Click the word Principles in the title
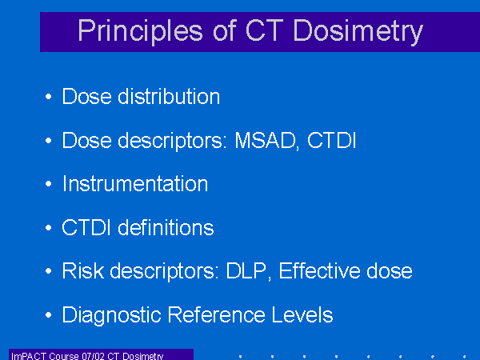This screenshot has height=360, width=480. pos(141,31)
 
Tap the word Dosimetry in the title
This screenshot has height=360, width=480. pos(358,31)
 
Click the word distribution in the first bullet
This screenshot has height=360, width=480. pos(169,97)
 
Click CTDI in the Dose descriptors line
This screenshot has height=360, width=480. pos(331,141)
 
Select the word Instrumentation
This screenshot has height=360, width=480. pos(135,184)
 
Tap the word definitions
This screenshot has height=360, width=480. pos(166,227)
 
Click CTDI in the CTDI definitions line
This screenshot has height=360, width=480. pos(86,227)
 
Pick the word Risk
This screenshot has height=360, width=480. pos(83,270)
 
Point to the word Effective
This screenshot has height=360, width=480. pos(318,270)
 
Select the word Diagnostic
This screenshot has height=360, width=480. pos(112,315)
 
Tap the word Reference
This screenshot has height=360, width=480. pos(217,314)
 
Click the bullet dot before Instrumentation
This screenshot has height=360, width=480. pos(48,184)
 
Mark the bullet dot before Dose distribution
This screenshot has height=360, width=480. pos(48,97)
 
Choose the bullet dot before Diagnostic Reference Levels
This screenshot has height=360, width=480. pos(48,314)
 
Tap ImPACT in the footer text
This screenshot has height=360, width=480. pos(29,356)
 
